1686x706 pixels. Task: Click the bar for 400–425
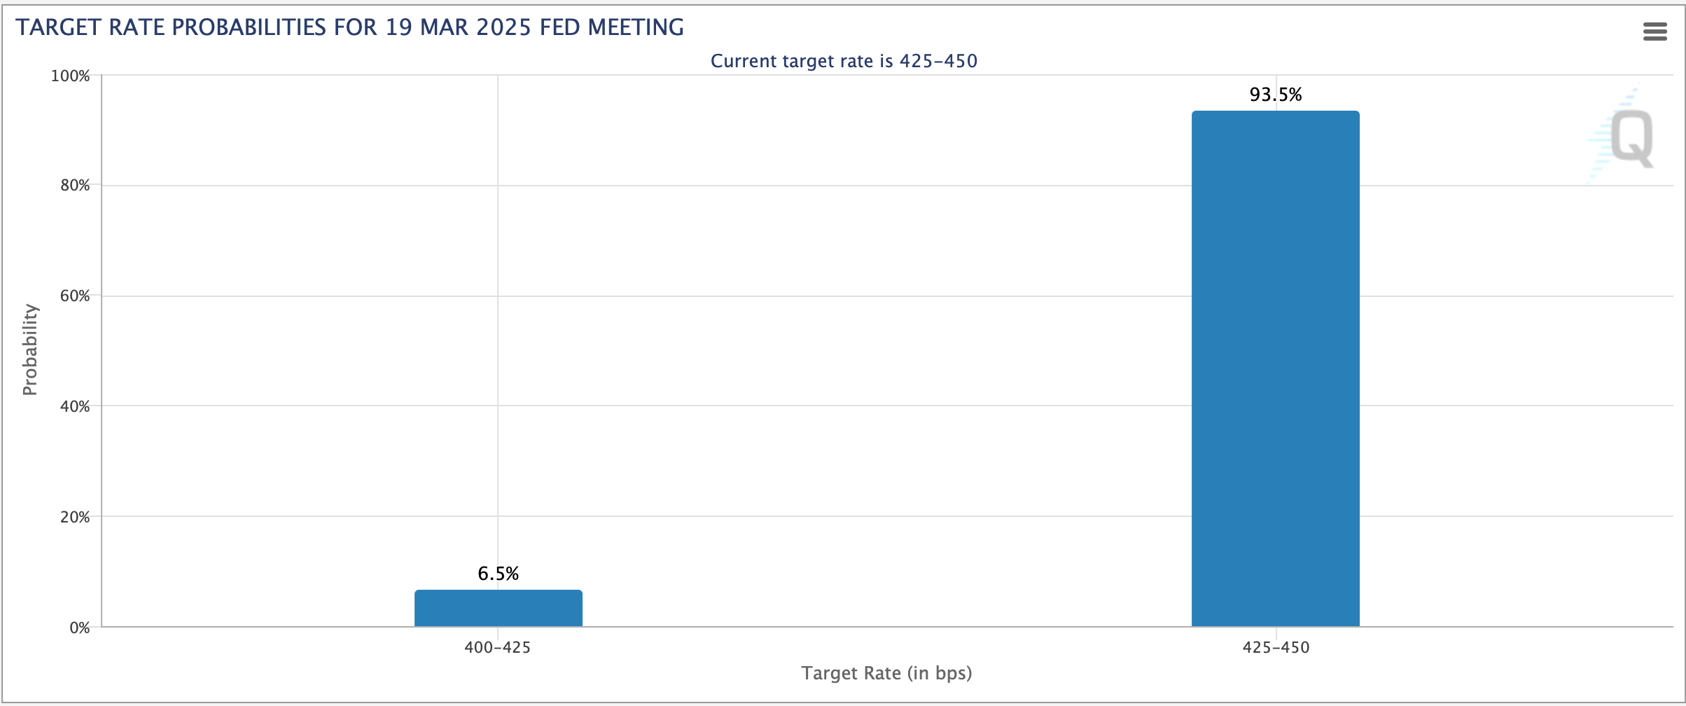click(498, 608)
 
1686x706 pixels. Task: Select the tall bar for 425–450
click(1275, 368)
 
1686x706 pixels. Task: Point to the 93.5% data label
click(1275, 95)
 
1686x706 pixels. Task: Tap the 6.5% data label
click(498, 574)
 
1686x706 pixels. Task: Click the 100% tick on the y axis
click(70, 76)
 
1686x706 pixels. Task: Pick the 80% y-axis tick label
click(74, 186)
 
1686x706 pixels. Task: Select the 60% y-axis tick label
click(74, 296)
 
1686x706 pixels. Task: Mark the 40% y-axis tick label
click(74, 406)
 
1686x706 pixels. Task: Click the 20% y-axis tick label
click(74, 517)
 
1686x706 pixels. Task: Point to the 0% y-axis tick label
click(79, 628)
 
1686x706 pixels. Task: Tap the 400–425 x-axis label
click(498, 647)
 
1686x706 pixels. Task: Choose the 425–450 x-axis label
click(1276, 647)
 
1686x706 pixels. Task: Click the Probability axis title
click(29, 349)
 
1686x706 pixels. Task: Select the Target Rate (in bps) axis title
click(886, 673)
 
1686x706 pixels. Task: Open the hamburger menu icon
click(1654, 32)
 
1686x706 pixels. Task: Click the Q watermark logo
click(1631, 138)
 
